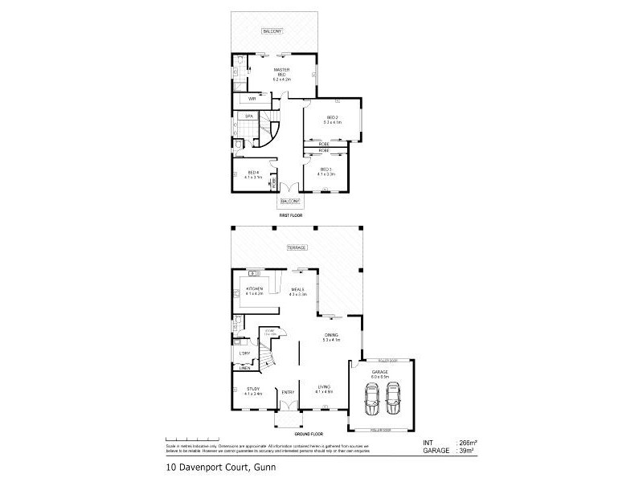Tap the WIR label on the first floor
(252, 99)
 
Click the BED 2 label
(333, 119)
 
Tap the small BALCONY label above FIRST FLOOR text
(290, 201)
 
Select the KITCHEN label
(255, 290)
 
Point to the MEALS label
(297, 290)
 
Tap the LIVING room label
(324, 389)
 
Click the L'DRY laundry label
(244, 353)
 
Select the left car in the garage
(373, 398)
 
